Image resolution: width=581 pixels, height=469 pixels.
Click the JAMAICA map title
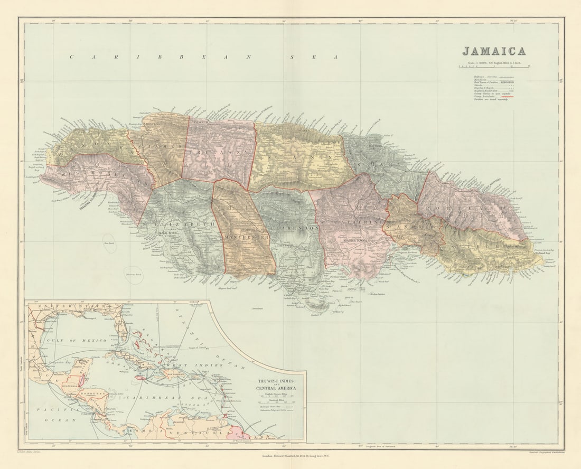tap(494, 51)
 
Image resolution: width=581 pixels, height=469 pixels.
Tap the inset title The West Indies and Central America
tap(276, 384)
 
